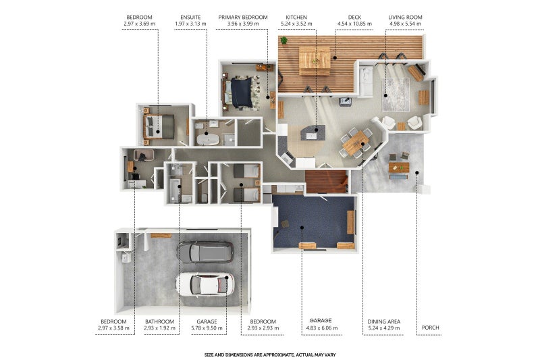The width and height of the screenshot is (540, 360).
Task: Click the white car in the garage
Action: [x=205, y=285]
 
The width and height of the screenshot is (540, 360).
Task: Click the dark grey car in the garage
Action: [x=205, y=252]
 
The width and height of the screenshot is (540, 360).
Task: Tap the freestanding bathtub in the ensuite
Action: [x=208, y=140]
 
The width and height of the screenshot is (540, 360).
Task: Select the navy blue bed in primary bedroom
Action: [x=242, y=93]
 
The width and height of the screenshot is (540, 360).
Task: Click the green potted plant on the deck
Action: [x=283, y=41]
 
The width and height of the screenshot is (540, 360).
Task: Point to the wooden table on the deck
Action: [x=315, y=61]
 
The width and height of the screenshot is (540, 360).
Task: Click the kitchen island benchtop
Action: [x=313, y=132]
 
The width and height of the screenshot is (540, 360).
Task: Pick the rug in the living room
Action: [x=396, y=95]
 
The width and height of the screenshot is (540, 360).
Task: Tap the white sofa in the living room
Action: [x=366, y=81]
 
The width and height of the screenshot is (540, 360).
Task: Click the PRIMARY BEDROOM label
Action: [x=243, y=18]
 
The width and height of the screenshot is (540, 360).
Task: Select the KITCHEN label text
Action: [x=296, y=18]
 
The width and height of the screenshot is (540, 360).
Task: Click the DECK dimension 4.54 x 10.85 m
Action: [x=354, y=24]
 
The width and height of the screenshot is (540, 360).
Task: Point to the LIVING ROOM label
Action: [x=405, y=18]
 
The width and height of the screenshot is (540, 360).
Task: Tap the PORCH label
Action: [x=431, y=328]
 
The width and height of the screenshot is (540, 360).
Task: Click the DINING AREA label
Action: [x=383, y=322]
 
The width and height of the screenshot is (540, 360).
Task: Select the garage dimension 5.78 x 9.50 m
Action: [x=207, y=328]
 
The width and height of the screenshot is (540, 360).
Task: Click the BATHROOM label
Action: [x=159, y=322]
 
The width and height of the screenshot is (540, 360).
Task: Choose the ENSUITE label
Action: [x=190, y=18]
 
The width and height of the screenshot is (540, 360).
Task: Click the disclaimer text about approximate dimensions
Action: [x=270, y=355]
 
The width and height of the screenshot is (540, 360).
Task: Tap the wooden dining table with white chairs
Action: [x=355, y=143]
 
